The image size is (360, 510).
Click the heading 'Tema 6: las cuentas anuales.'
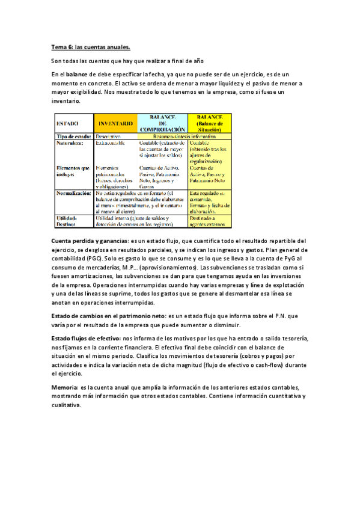[x=90, y=47]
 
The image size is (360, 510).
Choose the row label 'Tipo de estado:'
[x=73, y=137]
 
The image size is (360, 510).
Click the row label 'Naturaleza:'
[x=70, y=144]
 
